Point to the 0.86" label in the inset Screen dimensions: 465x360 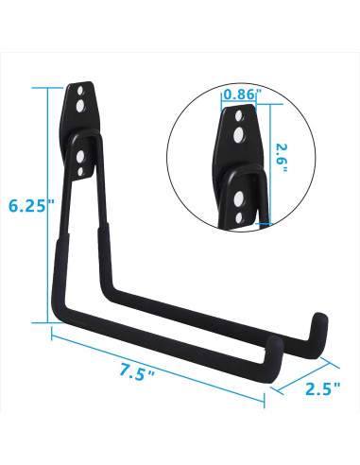(239, 95)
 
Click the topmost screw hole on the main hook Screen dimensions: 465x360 (83, 95)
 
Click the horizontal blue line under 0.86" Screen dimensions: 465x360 (240, 103)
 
